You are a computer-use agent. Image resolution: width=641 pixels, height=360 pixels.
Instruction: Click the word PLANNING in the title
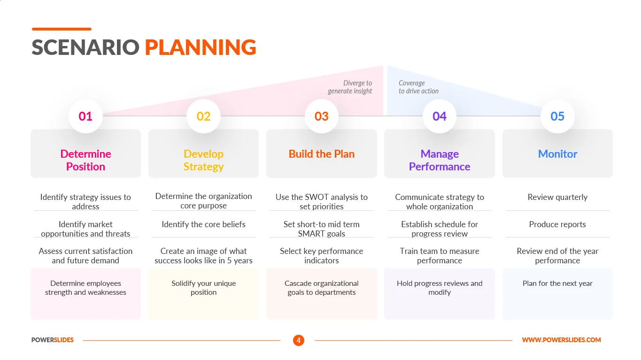[x=201, y=47]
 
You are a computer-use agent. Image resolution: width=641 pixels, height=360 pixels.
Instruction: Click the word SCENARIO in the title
[x=85, y=47]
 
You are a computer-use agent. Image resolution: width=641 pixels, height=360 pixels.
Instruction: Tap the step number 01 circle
[x=85, y=116]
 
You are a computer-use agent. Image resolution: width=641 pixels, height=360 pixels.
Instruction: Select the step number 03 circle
[x=321, y=116]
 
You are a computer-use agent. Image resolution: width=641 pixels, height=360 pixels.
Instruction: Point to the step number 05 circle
[x=557, y=116]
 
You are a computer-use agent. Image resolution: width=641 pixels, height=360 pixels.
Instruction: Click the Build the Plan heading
[x=321, y=154]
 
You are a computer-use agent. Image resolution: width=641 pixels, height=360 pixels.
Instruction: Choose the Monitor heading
[x=557, y=154]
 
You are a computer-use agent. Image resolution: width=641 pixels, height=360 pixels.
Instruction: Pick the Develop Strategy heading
[x=203, y=160]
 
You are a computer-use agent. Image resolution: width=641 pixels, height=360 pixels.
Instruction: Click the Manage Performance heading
[x=440, y=160]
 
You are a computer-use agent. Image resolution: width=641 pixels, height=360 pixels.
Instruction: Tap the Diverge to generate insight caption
[x=350, y=87]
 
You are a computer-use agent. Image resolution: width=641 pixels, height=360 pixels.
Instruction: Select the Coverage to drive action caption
[x=418, y=87]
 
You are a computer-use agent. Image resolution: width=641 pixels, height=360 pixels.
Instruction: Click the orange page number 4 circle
[x=299, y=340]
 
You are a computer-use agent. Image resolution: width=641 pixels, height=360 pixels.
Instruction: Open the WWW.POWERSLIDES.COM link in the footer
[x=561, y=340]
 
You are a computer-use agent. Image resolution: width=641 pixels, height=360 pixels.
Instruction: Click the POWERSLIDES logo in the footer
[x=53, y=340]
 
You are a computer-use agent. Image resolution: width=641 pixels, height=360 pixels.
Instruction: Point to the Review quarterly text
[x=557, y=197]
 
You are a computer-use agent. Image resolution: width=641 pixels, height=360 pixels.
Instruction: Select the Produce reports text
[x=557, y=224]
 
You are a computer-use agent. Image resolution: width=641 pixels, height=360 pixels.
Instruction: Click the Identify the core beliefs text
[x=203, y=224]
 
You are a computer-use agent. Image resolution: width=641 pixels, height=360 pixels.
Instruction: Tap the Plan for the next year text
[x=557, y=283]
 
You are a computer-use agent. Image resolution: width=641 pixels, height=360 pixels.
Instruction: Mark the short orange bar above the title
[x=62, y=29]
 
